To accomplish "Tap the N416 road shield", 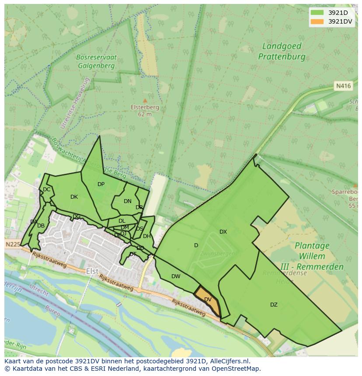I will tap(343, 86).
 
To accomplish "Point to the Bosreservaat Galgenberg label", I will tap(95, 62).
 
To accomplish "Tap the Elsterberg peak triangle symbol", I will tap(145, 100).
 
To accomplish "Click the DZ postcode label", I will tap(274, 305).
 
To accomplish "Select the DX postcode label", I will tap(223, 232).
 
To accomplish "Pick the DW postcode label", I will tap(176, 276).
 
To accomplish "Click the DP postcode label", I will tap(101, 184).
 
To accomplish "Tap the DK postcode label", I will tap(74, 197).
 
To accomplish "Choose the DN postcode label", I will tap(127, 201).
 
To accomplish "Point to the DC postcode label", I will tap(46, 190).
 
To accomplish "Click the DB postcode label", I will tap(41, 226).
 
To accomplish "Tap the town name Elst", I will tap(92, 271).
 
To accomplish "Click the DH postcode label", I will tap(146, 236).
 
